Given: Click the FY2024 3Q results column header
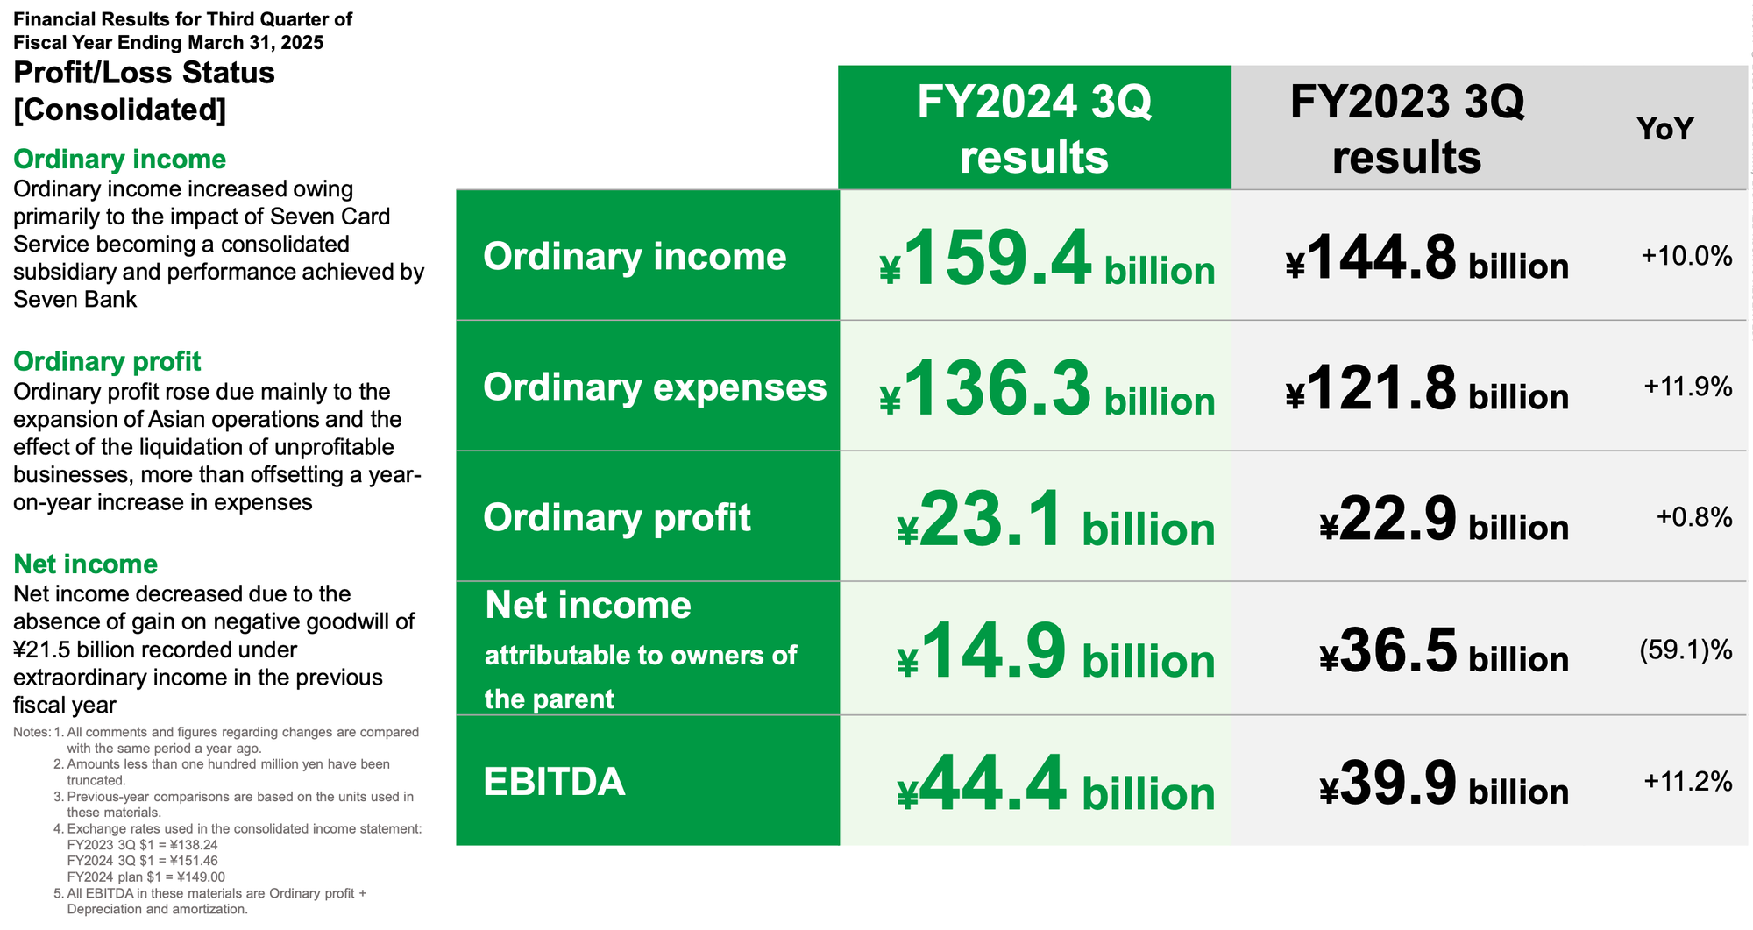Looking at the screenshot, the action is tap(1034, 129).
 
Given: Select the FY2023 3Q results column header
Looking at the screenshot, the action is tap(1407, 129).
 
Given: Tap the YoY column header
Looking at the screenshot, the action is tap(1664, 129).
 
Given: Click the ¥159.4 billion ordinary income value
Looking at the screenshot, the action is tap(1047, 258).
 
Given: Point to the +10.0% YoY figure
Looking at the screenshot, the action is tap(1686, 256).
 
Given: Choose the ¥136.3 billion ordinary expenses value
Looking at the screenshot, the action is tap(1047, 388).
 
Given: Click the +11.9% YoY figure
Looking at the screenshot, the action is tap(1687, 387).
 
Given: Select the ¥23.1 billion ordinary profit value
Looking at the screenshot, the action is tap(1056, 519).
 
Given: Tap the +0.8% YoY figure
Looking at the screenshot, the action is tap(1694, 517).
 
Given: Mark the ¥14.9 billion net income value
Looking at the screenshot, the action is tap(1056, 650).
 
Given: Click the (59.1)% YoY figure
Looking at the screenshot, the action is tap(1686, 650).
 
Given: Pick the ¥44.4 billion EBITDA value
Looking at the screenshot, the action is tap(1056, 784).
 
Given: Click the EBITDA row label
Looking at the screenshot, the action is tap(554, 782).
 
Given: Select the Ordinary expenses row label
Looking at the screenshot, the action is tap(655, 387).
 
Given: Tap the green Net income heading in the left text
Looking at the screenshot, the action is tap(86, 564).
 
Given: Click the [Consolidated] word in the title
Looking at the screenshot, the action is tap(120, 110).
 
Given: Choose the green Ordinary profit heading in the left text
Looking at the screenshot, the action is tap(107, 361).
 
